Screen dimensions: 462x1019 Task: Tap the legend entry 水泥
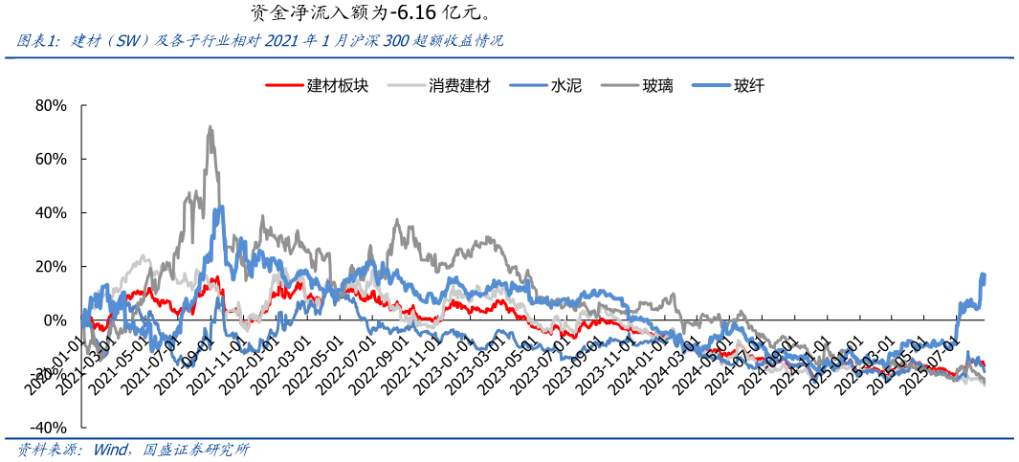click(x=562, y=85)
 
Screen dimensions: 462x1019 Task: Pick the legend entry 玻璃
click(x=657, y=85)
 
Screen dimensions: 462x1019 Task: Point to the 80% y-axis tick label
click(x=50, y=105)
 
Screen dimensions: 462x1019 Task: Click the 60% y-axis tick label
click(x=50, y=159)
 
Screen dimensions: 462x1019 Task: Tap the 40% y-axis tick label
click(x=50, y=212)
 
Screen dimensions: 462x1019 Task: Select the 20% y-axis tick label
click(x=50, y=266)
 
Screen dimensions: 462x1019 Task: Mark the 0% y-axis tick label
click(x=55, y=319)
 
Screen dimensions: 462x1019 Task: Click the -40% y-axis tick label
click(x=48, y=427)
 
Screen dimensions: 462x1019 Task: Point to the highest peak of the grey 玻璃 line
click(x=210, y=127)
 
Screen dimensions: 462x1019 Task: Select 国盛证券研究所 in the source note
click(x=195, y=450)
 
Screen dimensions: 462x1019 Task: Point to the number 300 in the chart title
click(x=396, y=41)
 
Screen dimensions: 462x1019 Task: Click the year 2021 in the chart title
click(x=282, y=41)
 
